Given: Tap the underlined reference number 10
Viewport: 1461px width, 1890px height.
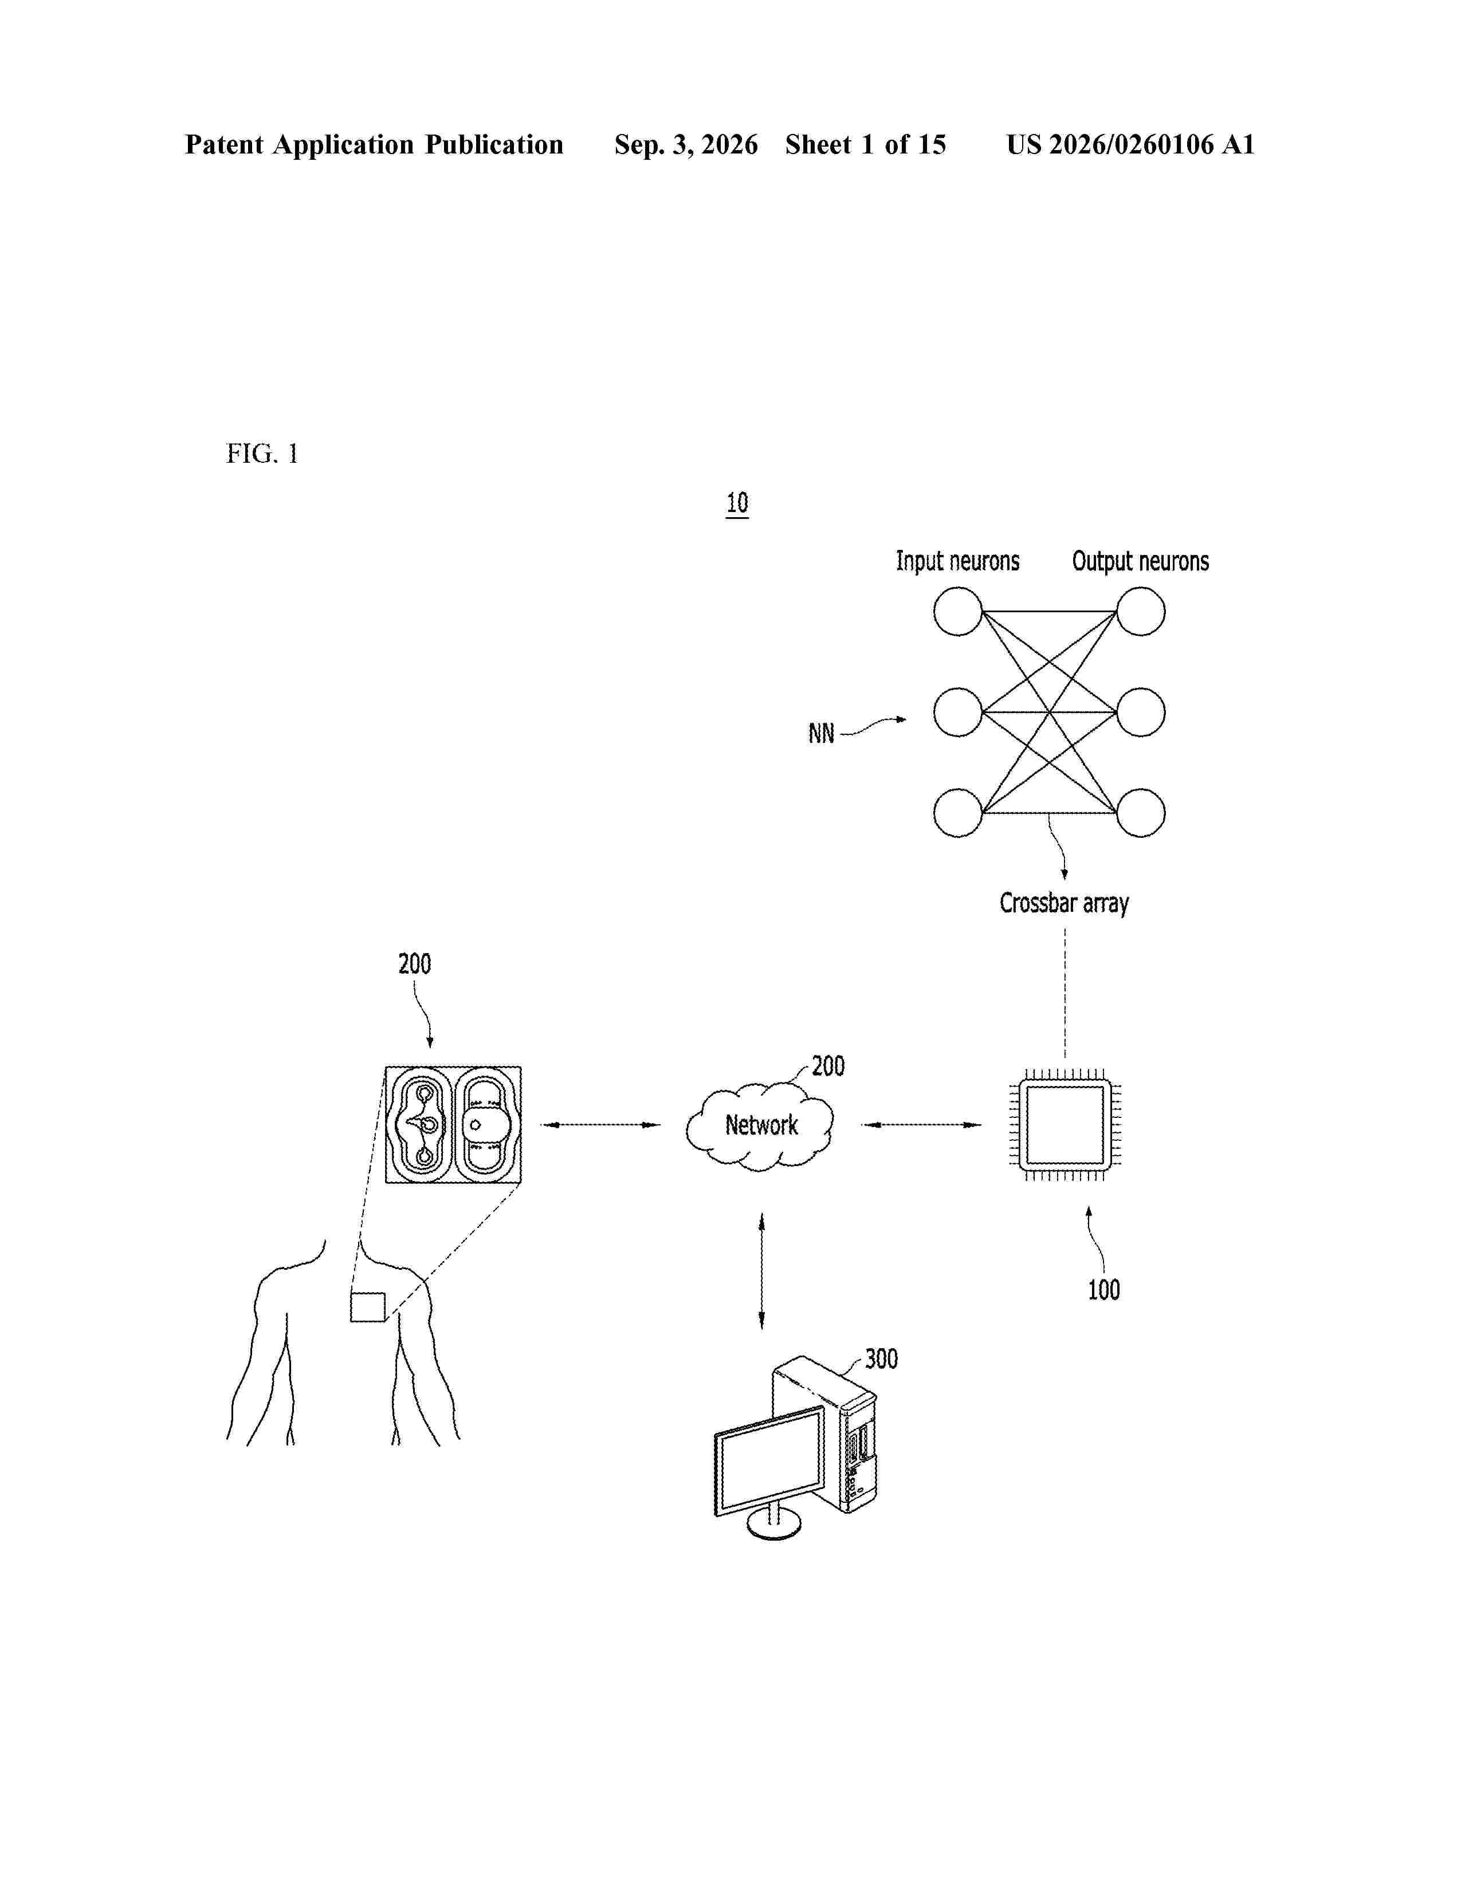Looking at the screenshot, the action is click(737, 503).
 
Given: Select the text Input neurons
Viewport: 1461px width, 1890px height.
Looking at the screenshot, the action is click(957, 562).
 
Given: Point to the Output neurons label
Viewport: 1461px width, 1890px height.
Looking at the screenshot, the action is click(1140, 562).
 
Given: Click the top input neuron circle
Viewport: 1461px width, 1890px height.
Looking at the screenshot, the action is click(958, 612).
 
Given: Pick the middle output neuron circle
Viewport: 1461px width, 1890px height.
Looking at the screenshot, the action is click(1141, 712).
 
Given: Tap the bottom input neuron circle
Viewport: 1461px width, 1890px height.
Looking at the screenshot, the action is click(958, 813).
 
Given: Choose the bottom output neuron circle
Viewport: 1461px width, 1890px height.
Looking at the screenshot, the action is click(1141, 813).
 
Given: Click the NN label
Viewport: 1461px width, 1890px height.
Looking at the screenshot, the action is click(822, 734).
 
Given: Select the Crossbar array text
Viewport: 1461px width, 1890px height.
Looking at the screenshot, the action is click(1065, 903).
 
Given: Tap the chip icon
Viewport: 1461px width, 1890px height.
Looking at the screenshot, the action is click(1065, 1125).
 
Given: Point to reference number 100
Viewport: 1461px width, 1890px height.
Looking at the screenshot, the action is click(1103, 1290).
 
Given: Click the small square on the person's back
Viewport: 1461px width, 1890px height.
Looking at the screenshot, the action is click(368, 1307).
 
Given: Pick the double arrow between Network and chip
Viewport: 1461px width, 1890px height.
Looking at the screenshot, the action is click(922, 1125).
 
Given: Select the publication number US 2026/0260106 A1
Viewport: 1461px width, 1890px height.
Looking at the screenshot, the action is click(1130, 144).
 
